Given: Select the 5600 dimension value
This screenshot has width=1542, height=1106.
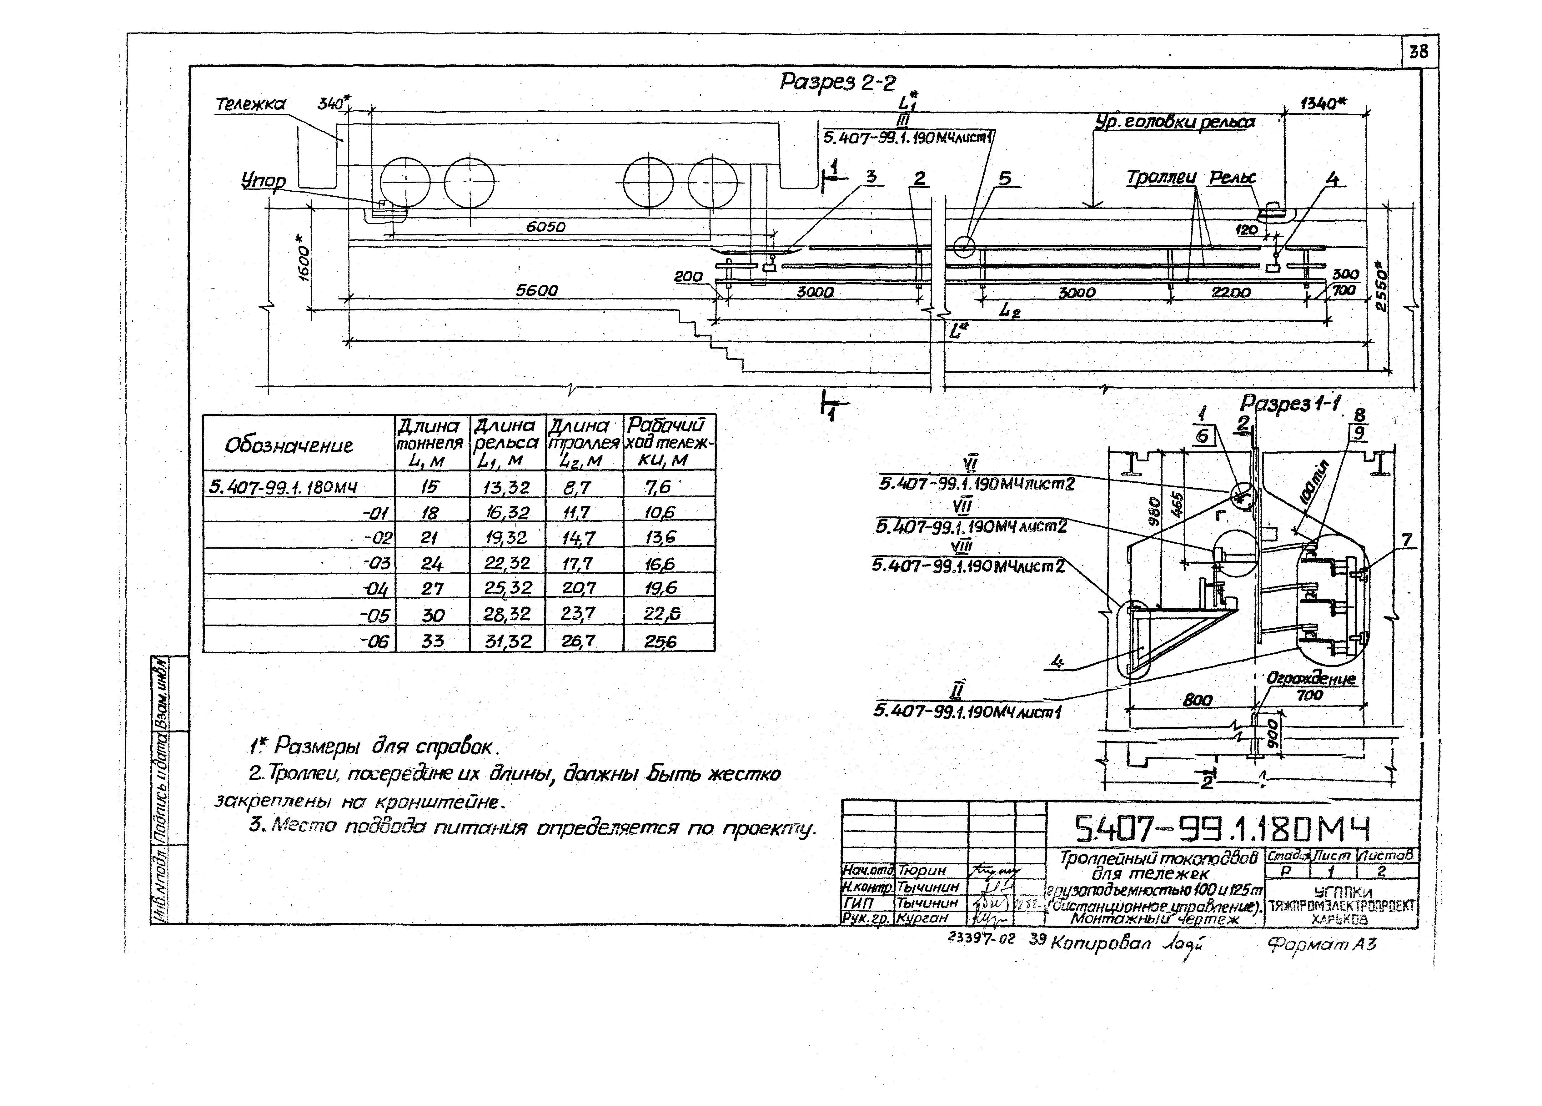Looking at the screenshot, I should click(536, 291).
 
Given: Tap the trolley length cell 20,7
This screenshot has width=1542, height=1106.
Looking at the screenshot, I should click(579, 589).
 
